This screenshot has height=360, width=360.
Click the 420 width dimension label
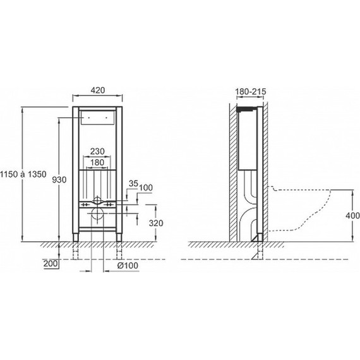98,90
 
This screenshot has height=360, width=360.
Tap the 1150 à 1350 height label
23,174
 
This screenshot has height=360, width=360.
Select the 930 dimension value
59,180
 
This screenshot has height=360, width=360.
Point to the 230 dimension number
97,152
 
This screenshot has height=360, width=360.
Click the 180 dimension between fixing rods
97,162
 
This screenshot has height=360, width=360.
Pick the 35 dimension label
133,183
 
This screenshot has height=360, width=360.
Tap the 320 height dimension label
156,223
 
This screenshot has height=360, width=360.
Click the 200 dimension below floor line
51,263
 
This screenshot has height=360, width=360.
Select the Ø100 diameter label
128,266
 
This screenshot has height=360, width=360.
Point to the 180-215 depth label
251,92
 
